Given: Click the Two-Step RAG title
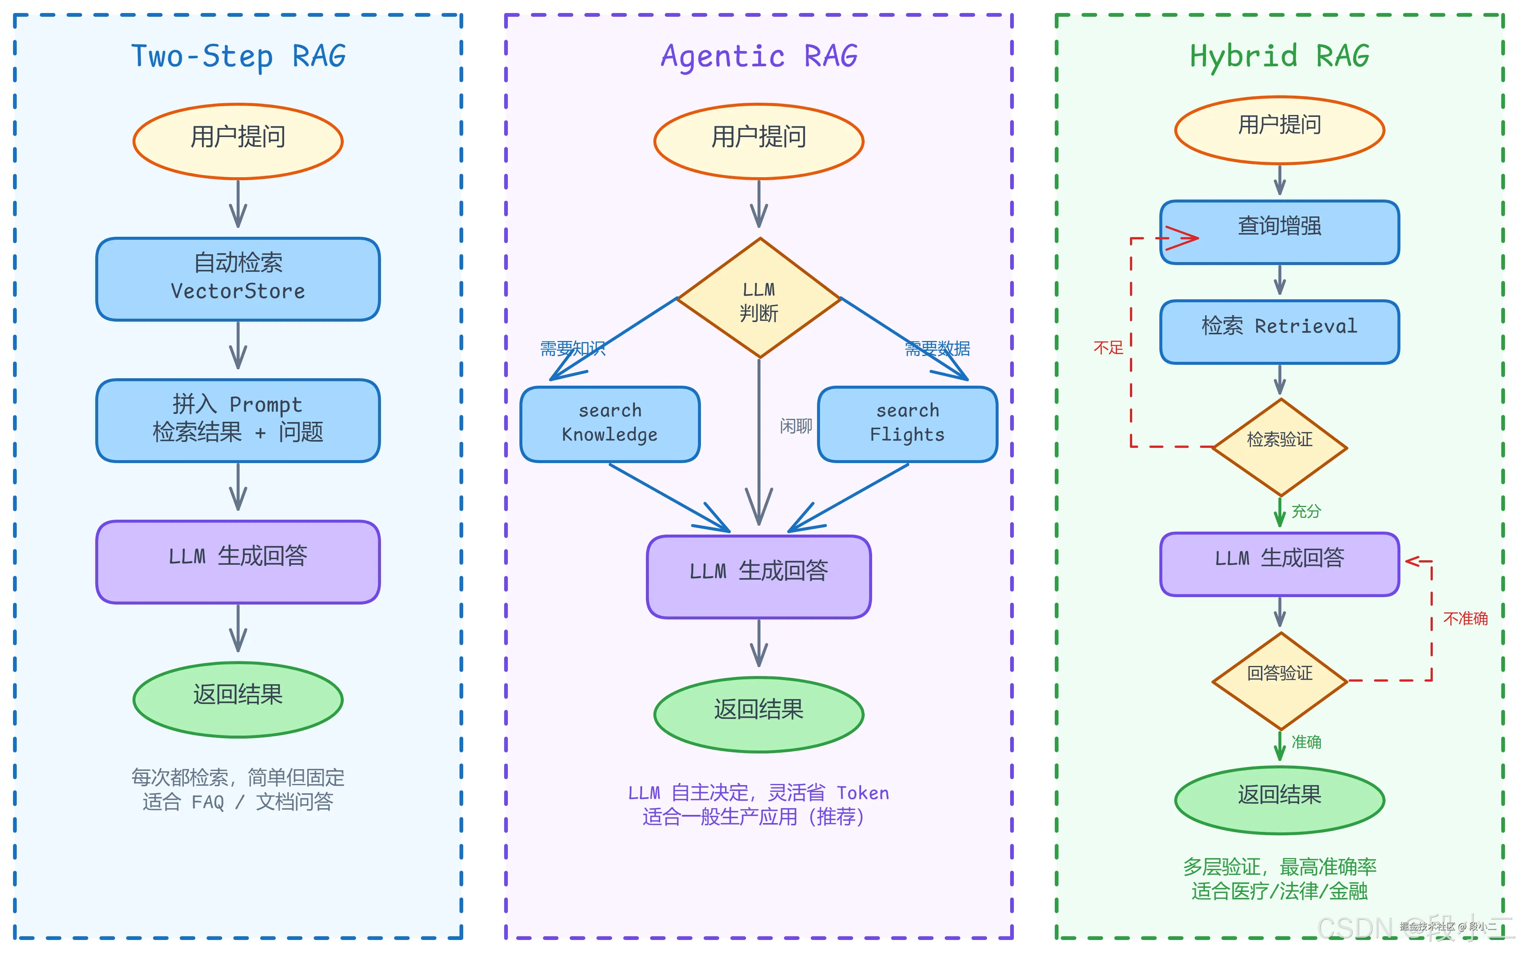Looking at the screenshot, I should pos(238,56).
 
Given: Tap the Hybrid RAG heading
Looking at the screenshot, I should pos(1279,56).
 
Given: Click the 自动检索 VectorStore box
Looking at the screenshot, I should pos(238,278).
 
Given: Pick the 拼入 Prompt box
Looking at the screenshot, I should pos(238,420).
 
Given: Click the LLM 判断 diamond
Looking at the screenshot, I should pos(759,299).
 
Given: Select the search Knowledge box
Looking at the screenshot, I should pos(610,424).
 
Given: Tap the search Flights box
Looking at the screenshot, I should pos(907,424).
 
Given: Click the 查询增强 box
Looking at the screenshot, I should pos(1279,231).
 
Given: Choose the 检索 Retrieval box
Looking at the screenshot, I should pos(1279,332).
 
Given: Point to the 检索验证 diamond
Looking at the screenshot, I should pos(1279,446).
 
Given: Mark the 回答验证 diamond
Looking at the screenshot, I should pos(1279,679).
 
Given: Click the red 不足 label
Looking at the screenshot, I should pos(1108,348).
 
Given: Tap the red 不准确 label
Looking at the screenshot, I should pos(1465,618).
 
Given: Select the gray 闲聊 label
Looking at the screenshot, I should pos(795,427).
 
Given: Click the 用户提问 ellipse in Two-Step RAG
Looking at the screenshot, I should pos(238,141).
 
